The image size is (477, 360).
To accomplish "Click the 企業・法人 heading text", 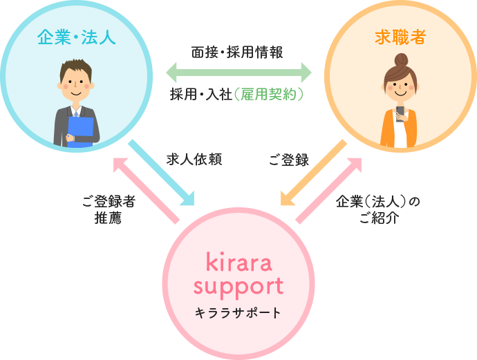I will pos(77,37).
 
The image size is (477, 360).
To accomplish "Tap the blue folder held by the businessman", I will pos(81,131).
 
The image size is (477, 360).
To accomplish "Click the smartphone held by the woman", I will pos(400,113).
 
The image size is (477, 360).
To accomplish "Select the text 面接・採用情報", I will pos(236,52).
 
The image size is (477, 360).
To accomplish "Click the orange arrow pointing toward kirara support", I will pos(315,173).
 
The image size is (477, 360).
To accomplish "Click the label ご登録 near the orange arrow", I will pos(288,160).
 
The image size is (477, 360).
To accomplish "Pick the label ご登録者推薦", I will pos(109,209).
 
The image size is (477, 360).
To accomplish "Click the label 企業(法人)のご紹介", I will pos(377,210).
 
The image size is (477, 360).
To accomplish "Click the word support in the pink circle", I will pos(238,286).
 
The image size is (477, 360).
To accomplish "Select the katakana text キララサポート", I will pos(238,313).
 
